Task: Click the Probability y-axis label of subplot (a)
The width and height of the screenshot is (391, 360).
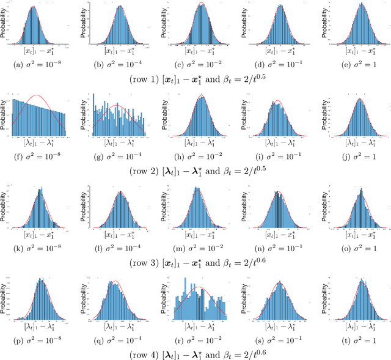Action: click(5, 24)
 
